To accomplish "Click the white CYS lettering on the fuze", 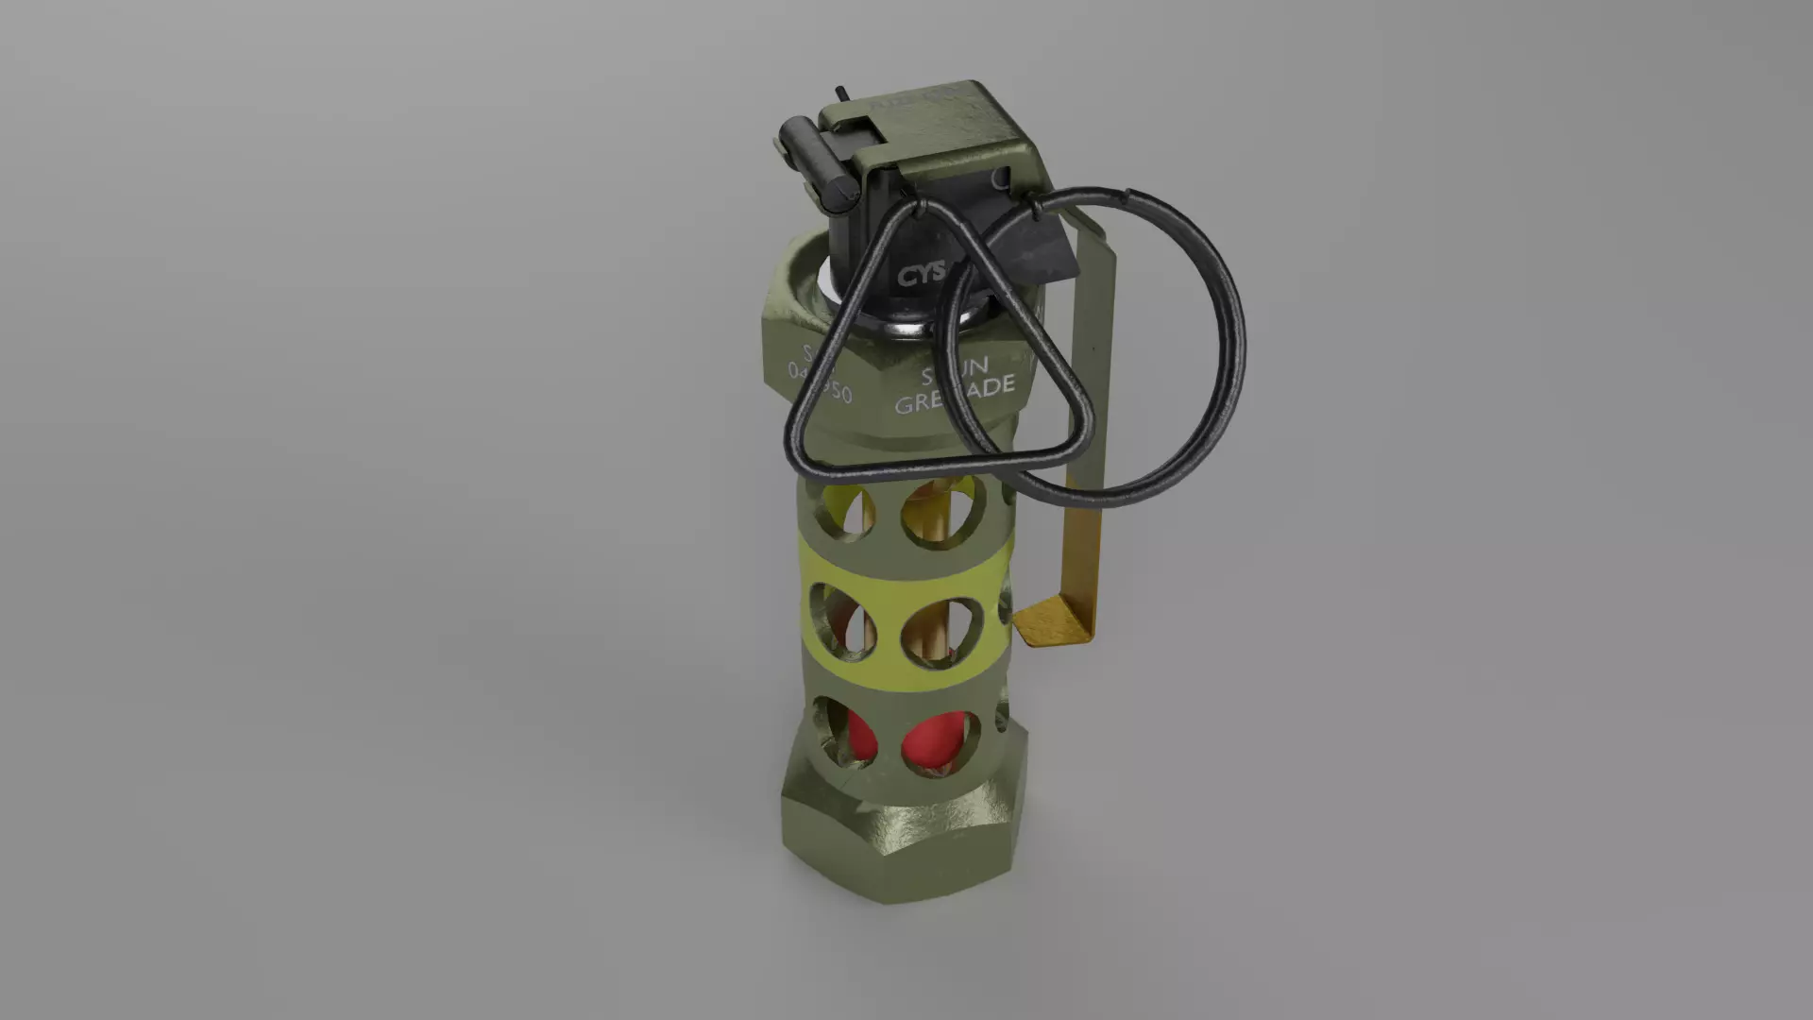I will (922, 275).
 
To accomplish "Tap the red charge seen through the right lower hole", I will (931, 741).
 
